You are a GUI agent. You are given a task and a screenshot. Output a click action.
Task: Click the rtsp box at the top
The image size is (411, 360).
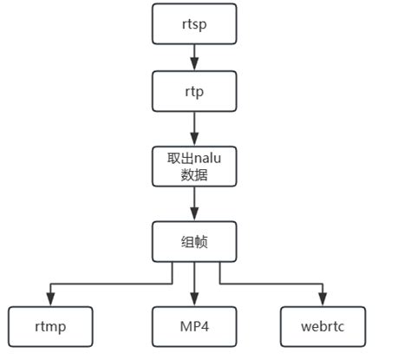pos(194,23)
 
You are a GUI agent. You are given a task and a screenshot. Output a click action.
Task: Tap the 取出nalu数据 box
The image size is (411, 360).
pos(194,165)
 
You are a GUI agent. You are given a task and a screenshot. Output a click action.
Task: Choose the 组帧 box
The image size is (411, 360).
pos(194,242)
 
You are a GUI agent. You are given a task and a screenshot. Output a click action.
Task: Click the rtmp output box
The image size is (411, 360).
pos(49,326)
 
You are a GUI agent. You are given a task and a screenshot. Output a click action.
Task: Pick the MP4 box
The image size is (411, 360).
pos(194,326)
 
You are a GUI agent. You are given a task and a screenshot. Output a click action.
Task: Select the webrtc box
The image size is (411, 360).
pos(323,326)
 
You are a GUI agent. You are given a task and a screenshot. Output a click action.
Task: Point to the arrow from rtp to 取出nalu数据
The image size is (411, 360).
pos(194,128)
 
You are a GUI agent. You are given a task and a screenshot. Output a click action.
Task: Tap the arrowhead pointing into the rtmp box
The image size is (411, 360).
pos(49,300)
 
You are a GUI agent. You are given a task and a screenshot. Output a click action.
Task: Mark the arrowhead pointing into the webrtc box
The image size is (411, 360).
pos(323,300)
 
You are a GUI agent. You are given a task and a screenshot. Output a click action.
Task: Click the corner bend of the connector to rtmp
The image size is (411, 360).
pos(49,283)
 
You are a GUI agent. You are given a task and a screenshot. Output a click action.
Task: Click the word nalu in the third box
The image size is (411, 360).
pos(205,157)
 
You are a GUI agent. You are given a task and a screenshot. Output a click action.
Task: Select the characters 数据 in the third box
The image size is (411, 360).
pos(194,173)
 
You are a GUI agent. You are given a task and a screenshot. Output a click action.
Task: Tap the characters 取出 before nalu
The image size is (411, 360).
pos(176,157)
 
